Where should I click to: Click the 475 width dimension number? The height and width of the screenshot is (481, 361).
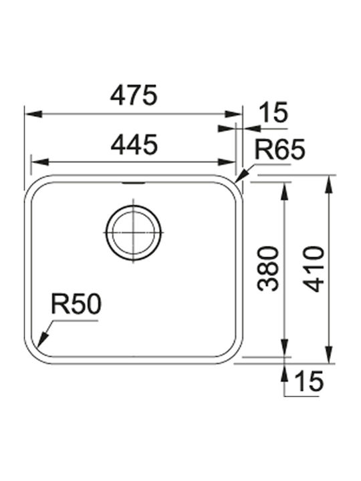(134, 95)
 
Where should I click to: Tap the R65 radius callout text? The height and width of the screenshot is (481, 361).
(279, 150)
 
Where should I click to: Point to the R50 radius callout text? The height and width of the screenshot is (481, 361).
(76, 304)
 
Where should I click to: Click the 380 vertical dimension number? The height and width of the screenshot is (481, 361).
(268, 269)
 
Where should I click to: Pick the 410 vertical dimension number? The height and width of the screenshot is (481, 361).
(314, 269)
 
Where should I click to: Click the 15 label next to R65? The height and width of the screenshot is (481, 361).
(273, 112)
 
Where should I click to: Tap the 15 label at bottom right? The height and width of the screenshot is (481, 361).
(308, 381)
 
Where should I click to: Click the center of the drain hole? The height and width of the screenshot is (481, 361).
(133, 232)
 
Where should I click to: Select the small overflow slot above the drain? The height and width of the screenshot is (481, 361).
(133, 183)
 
